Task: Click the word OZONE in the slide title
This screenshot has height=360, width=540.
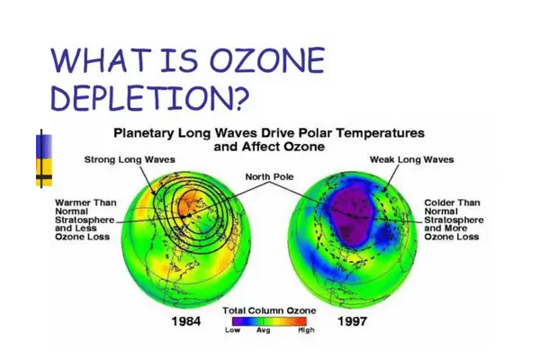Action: [267, 60]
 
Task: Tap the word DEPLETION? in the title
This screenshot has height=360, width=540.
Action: [149, 97]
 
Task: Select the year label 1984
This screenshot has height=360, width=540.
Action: [186, 321]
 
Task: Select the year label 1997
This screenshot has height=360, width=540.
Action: [352, 321]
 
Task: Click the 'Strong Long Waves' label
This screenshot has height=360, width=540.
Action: [130, 160]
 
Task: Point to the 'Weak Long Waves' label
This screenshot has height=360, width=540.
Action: [412, 160]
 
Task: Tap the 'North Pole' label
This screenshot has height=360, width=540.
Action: [269, 176]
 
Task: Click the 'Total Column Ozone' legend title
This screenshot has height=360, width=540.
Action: [269, 310]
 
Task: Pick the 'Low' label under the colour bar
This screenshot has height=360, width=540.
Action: [232, 330]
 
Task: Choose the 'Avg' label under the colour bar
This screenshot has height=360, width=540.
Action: [264, 330]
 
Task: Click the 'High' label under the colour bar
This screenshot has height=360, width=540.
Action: [306, 330]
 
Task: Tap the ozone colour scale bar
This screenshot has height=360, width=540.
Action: [269, 321]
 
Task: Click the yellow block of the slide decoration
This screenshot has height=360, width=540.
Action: [44, 172]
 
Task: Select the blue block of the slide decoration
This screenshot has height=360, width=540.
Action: [44, 147]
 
